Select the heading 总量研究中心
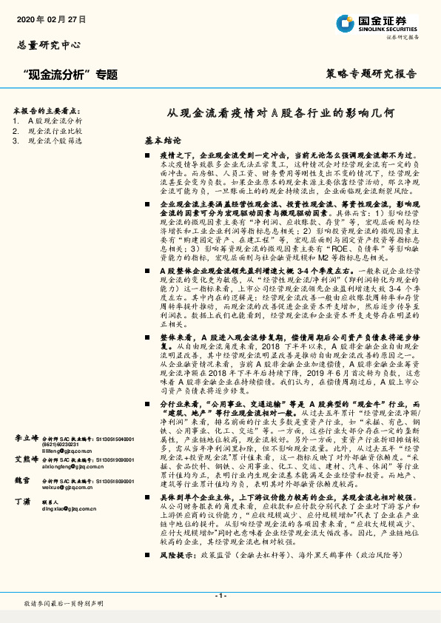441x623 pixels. [x=49, y=44]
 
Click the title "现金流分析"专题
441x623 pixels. [x=70, y=74]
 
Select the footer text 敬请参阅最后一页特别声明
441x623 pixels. [x=64, y=604]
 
